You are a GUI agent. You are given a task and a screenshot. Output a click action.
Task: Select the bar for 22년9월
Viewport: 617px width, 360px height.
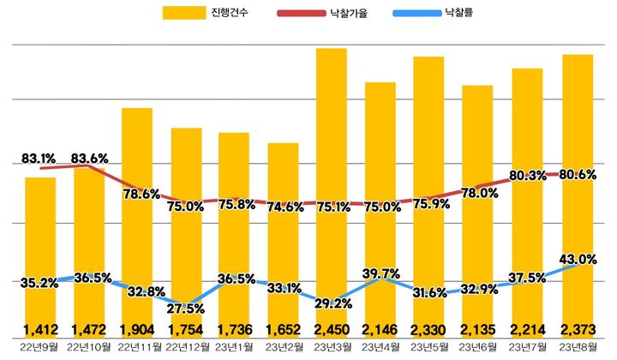39,240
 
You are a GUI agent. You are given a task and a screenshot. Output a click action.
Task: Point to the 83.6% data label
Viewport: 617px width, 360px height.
89,159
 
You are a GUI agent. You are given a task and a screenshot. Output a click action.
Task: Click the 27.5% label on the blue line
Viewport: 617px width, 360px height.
186,307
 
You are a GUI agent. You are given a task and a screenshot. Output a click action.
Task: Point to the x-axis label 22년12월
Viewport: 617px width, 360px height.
187,346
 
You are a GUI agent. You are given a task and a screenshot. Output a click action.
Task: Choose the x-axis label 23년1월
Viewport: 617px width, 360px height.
234,346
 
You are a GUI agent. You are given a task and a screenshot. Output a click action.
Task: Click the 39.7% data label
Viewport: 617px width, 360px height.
380,273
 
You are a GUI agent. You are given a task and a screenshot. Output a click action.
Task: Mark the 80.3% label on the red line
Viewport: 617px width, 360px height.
527,176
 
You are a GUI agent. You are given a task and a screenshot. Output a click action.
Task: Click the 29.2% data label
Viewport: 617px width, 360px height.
332,303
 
